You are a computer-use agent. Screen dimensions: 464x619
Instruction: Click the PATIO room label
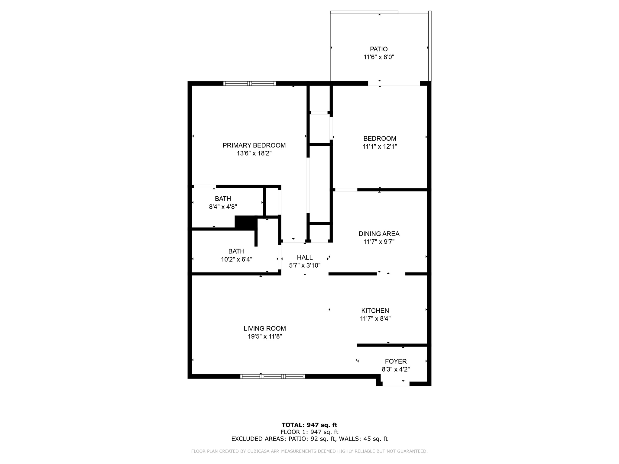click(379, 49)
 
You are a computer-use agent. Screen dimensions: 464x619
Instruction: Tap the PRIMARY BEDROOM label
click(254, 145)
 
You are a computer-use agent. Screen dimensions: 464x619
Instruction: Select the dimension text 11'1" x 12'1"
click(380, 147)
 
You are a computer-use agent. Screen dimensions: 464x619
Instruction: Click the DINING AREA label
click(379, 234)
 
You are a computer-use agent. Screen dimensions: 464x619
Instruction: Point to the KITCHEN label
click(375, 311)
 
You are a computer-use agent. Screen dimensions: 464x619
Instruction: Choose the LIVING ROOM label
click(265, 328)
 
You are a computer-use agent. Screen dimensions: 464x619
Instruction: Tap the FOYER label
click(396, 361)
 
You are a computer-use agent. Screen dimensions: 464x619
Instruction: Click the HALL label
click(305, 257)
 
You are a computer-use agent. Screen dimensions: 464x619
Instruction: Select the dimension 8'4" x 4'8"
click(223, 207)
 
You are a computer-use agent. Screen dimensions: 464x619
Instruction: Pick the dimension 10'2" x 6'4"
click(236, 259)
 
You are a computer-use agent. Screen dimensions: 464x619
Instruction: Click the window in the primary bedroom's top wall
click(249, 84)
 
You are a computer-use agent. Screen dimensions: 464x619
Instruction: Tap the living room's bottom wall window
click(272, 376)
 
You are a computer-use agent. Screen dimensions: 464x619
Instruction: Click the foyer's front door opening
click(396, 384)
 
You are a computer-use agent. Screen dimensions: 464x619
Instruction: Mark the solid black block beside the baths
click(246, 223)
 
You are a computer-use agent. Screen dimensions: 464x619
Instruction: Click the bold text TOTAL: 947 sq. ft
click(309, 425)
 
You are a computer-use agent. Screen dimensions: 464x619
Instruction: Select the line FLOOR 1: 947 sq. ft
click(309, 432)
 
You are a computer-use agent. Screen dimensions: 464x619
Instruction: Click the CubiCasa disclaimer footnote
click(309, 451)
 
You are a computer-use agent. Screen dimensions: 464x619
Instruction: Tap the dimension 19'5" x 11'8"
click(265, 337)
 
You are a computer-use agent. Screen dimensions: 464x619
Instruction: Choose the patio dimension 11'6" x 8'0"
click(379, 57)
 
